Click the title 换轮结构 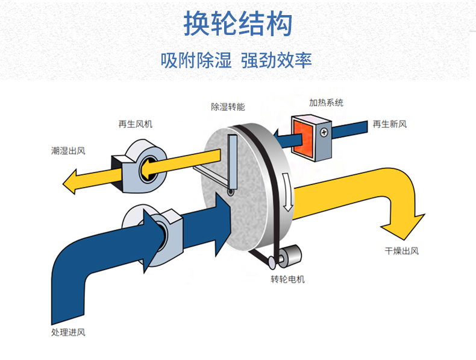coord(237,24)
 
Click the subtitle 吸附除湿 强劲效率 coord(237,60)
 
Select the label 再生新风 coord(390,124)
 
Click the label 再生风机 coord(136,124)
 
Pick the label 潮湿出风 coord(68,151)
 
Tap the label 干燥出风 coord(402,251)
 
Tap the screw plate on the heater coord(324,131)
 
